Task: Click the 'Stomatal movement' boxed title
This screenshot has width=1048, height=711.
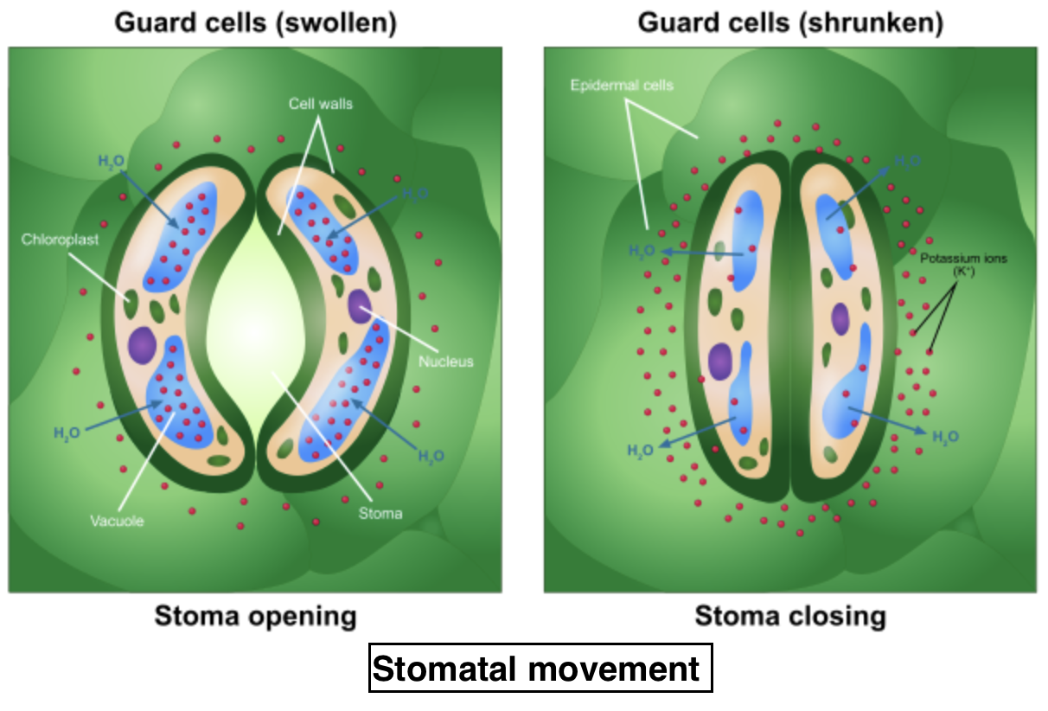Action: coord(540,669)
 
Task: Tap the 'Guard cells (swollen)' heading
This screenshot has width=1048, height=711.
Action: coord(256,23)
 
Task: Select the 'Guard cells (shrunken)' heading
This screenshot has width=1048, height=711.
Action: coord(789,23)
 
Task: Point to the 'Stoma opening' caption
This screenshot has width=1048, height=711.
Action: coord(255,617)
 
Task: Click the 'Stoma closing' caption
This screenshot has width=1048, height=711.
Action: coord(790,617)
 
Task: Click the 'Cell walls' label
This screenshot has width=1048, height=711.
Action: coord(321,104)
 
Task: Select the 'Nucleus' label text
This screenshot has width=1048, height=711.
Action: coord(446,362)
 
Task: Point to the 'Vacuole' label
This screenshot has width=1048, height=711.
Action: coord(117,522)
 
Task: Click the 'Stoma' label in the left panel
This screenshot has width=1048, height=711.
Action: coord(380,513)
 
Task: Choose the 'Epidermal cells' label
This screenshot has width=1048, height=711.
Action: coord(622,86)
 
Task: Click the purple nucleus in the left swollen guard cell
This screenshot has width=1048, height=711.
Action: coord(142,344)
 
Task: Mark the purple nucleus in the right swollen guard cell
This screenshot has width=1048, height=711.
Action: coord(359,304)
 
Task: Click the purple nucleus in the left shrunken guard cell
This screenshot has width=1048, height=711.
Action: coord(720,361)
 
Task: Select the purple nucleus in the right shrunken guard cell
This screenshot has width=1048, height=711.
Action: coord(840,318)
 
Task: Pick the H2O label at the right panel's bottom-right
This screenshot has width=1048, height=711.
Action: coord(946,437)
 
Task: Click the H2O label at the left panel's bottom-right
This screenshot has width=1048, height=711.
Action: coord(431,456)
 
